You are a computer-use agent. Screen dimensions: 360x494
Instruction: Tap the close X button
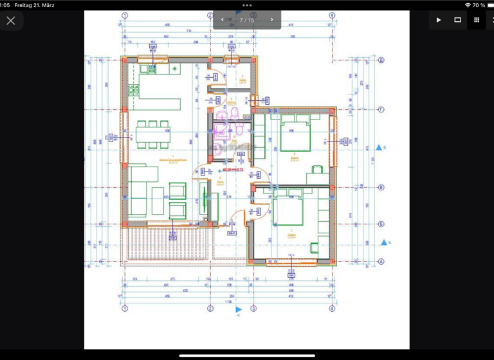[x=11, y=21]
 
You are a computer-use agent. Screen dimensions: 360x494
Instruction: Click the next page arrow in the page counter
[x=271, y=20]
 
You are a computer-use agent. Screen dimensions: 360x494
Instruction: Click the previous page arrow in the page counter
[x=223, y=20]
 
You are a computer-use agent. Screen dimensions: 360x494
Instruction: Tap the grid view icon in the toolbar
[x=477, y=20]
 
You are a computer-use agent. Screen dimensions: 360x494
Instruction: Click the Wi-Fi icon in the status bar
[x=467, y=5]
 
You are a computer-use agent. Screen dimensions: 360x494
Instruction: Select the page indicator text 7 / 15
[x=247, y=21]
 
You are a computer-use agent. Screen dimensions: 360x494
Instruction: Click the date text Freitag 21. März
[x=34, y=5]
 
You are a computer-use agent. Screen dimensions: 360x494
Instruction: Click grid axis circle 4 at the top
[x=332, y=15]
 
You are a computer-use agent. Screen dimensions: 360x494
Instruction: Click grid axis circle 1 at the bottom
[x=125, y=309]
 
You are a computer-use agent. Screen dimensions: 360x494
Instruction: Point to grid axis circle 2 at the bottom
[x=210, y=309]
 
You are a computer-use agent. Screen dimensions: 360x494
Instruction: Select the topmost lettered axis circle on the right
[x=381, y=60]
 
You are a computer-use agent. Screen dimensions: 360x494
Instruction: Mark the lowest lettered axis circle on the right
[x=381, y=262]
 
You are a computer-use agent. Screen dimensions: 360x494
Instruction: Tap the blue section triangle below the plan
[x=239, y=309]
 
